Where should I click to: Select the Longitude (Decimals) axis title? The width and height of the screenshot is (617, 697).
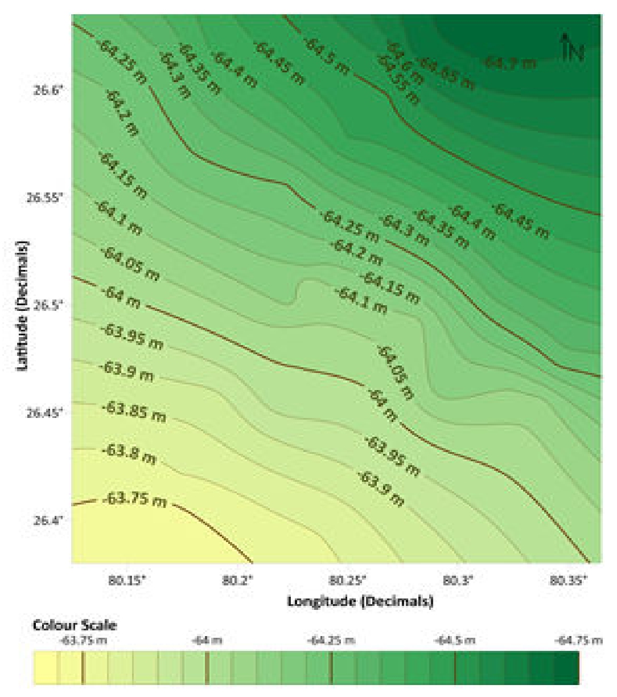[360, 601]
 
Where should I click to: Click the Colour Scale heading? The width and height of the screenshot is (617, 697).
[74, 625]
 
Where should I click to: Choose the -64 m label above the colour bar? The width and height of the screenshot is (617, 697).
[207, 641]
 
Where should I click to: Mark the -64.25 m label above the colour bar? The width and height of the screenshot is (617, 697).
[331, 641]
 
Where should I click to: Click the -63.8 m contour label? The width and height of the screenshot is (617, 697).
[129, 454]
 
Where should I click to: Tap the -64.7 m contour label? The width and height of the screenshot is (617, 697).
[511, 62]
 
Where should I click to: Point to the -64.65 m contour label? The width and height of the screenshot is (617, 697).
[447, 74]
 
